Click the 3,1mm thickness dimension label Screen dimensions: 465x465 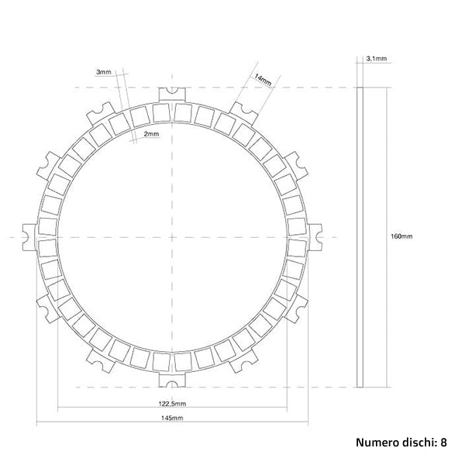[x=377, y=58]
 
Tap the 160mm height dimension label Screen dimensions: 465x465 [x=401, y=236]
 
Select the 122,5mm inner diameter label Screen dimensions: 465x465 [x=172, y=403]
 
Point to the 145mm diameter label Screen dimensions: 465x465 [x=172, y=418]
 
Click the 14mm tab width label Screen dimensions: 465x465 [x=263, y=80]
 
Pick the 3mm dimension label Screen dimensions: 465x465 [x=104, y=72]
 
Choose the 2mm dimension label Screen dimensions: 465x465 [x=151, y=134]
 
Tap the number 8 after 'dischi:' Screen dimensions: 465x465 [x=443, y=443]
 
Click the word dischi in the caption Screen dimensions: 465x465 [x=417, y=443]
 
